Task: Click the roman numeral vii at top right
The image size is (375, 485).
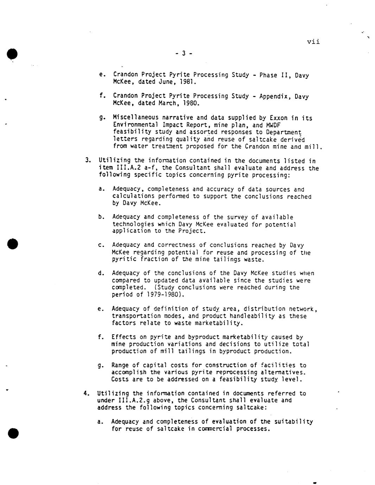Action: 313,42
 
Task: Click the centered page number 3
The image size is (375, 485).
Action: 183,53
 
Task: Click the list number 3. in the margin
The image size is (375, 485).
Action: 88,161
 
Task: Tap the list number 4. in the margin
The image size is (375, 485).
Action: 87,393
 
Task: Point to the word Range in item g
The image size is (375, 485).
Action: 120,366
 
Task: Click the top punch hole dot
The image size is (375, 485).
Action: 12,54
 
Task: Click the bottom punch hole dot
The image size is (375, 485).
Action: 13,433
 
